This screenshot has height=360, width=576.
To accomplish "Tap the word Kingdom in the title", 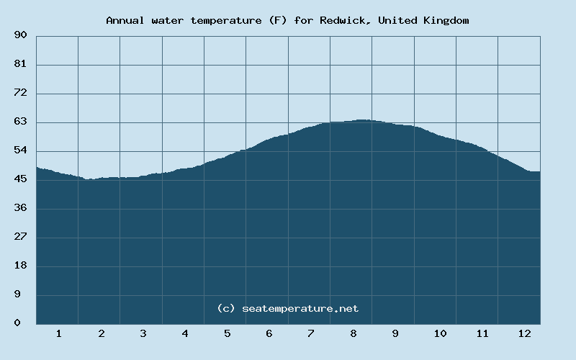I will point(446,21).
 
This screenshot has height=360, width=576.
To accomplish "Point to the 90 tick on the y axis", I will point(20,35).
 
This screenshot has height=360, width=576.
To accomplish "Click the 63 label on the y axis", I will point(20,122).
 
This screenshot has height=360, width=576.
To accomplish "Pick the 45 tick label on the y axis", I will point(20,179).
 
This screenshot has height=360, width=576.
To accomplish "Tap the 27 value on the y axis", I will point(20,237).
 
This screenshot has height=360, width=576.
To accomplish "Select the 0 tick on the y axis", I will point(17,323).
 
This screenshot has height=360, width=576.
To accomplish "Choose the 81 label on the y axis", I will point(20,64).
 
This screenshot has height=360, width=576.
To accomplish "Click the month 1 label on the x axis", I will point(58,334).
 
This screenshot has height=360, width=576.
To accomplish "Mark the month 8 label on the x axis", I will point(354,334).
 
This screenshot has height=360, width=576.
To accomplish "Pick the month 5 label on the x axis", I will point(227,334).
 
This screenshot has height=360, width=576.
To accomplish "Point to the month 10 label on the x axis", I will point(440,334).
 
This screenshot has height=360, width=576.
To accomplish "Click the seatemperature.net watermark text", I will point(300,309).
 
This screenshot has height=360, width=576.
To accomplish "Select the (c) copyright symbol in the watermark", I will point(226,309).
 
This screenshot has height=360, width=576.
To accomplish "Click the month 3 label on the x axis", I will point(143,334).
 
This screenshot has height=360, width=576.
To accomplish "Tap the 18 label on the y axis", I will point(20,266).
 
